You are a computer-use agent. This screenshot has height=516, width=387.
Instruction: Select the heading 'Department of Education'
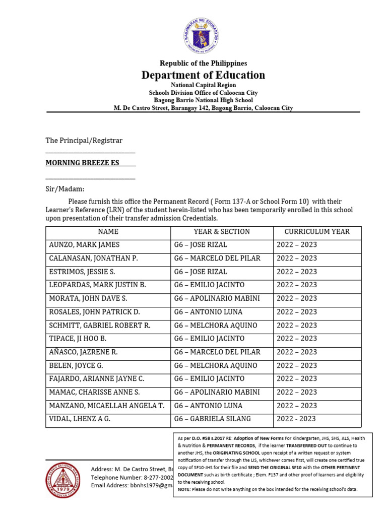click(x=203, y=75)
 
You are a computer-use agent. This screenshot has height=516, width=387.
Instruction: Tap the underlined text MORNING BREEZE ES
click(x=83, y=163)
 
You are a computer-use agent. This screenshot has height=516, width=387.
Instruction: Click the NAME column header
click(x=108, y=232)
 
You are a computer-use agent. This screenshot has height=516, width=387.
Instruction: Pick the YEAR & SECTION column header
click(x=222, y=232)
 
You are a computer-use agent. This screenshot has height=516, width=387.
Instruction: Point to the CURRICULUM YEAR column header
click(x=317, y=232)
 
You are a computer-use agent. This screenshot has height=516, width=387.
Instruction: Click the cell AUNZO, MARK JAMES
click(x=84, y=245)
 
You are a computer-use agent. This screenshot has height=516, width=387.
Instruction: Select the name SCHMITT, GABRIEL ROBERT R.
click(x=99, y=326)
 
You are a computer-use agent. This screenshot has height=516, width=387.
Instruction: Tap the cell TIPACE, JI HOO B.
click(x=78, y=339)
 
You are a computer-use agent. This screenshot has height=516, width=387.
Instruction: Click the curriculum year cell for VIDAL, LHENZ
click(x=296, y=419)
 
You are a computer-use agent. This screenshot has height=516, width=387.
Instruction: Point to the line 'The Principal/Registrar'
click(x=84, y=141)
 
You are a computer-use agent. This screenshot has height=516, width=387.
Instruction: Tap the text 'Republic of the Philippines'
click(x=203, y=63)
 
